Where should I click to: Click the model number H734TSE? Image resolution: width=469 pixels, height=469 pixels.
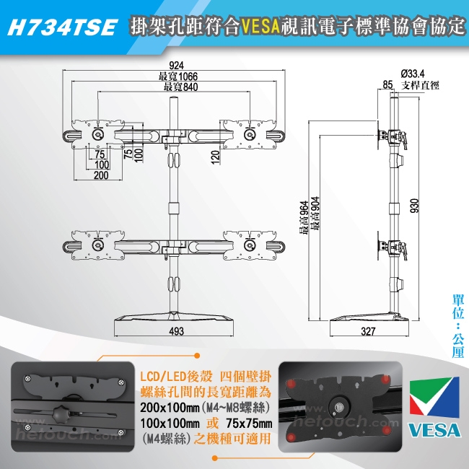pos(62,27)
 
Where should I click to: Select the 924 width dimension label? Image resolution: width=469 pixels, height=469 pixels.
pos(177,65)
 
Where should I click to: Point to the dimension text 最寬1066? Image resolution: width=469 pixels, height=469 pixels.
pos(178,76)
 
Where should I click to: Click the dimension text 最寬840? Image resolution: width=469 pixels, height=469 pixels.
pos(180,87)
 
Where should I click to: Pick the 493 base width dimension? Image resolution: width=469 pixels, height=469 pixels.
pos(177,331)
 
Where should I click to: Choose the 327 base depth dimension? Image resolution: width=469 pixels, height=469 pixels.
pos(368,331)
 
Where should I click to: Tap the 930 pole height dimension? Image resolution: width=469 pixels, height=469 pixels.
pos(415,206)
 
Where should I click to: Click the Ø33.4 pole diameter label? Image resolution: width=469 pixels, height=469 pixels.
pos(413,74)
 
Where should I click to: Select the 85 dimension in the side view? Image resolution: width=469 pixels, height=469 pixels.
pos(387,84)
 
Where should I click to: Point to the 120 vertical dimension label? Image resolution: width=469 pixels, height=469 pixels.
pos(215,157)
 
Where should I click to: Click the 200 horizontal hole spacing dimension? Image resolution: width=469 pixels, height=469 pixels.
pos(101,175)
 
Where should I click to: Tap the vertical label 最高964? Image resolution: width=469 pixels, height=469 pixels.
pos(303,217)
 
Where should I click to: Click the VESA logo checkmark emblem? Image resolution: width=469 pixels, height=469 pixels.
pos(434,397)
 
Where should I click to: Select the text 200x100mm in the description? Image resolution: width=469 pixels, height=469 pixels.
pos(170,408)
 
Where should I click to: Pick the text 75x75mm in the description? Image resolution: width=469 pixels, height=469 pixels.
pos(249,424)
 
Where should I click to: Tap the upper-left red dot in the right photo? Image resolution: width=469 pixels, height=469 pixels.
pos(292,383)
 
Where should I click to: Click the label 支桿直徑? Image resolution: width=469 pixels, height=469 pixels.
pos(420,85)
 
